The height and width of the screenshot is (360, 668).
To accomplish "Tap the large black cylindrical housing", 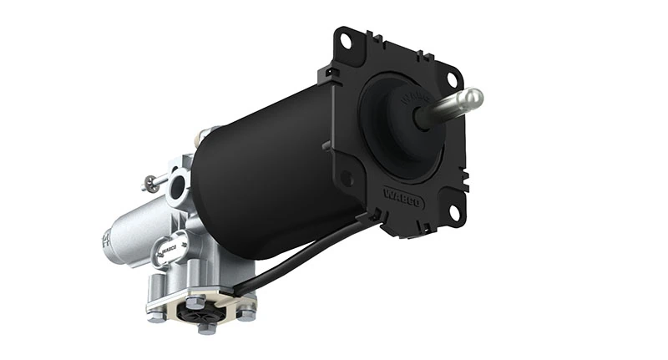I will pos(259,175).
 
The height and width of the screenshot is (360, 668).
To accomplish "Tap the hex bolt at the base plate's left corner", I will pos(155,317).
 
